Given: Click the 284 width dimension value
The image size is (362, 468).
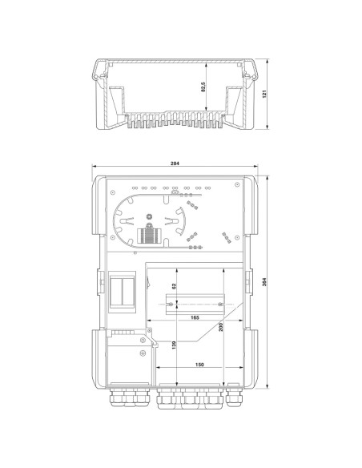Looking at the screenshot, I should coord(175,163).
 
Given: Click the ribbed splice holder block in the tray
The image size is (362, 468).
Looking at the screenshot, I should coord(147,234).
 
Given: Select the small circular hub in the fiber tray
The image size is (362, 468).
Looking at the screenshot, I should coord(148,214).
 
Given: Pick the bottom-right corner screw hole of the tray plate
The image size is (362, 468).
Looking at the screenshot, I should coord(235,250).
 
